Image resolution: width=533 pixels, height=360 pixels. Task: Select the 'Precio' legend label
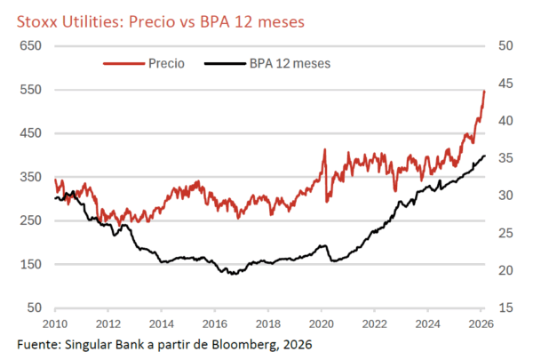tap(167, 64)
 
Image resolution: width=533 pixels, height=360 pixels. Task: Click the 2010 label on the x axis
tap(55, 323)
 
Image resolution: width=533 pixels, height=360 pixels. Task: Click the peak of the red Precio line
tap(484, 91)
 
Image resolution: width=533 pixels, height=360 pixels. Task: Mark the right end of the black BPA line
tap(485, 156)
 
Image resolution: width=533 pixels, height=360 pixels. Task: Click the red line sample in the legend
tap(123, 64)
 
